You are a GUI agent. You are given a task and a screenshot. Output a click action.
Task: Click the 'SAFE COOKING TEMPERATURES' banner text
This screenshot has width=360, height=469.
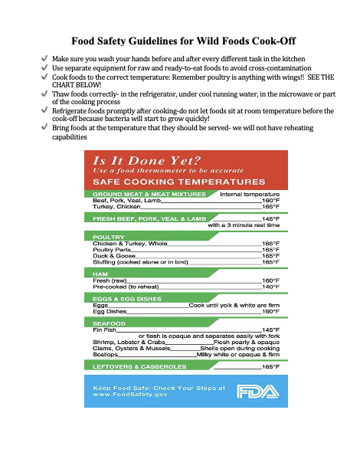point(173,182)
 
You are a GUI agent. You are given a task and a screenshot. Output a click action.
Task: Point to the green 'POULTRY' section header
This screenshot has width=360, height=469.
point(108,237)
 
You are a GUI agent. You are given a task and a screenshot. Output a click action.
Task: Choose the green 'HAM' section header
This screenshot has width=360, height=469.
point(100,274)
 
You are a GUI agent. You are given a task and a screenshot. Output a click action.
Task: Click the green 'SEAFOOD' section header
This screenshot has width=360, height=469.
point(110,323)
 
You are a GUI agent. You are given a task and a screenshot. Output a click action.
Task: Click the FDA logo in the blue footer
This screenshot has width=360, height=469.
point(254,392)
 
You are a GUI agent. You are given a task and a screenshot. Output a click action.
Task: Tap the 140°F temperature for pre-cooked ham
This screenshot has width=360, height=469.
point(270,286)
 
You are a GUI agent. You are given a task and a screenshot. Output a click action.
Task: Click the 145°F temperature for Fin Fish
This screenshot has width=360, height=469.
point(270,329)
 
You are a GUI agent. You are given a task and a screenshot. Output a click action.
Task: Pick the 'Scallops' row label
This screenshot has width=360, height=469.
point(105,354)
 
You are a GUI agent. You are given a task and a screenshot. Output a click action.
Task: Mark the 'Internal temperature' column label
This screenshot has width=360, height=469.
point(250,194)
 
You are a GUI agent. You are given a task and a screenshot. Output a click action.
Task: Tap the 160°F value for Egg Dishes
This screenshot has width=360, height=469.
point(270,311)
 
